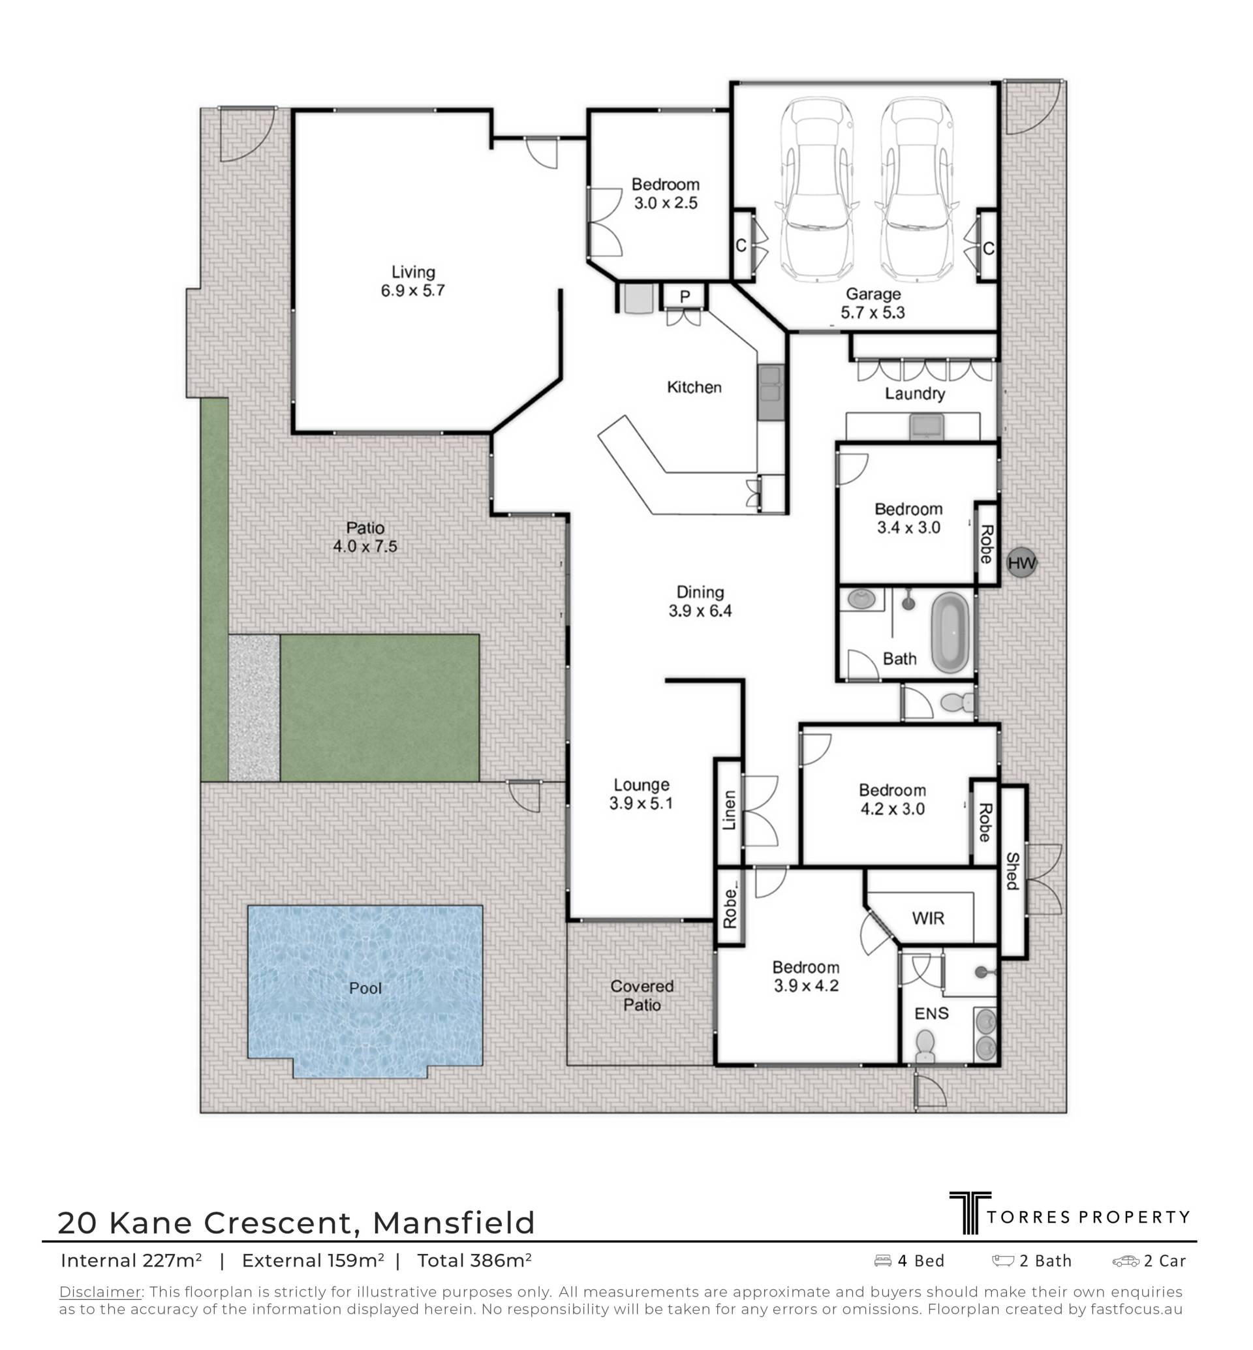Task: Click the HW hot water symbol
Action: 1021,563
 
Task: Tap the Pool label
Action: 365,988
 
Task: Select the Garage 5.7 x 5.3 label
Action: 873,303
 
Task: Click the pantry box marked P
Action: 685,296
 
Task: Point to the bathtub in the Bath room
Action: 951,634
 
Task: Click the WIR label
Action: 927,918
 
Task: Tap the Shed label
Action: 1012,870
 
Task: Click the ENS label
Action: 931,1013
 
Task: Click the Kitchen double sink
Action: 770,392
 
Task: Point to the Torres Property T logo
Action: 970,1213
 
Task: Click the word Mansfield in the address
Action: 454,1223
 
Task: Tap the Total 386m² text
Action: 474,1261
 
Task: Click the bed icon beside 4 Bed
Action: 883,1261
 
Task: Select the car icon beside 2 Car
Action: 1126,1261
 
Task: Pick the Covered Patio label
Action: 642,996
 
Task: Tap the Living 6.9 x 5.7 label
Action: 412,281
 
